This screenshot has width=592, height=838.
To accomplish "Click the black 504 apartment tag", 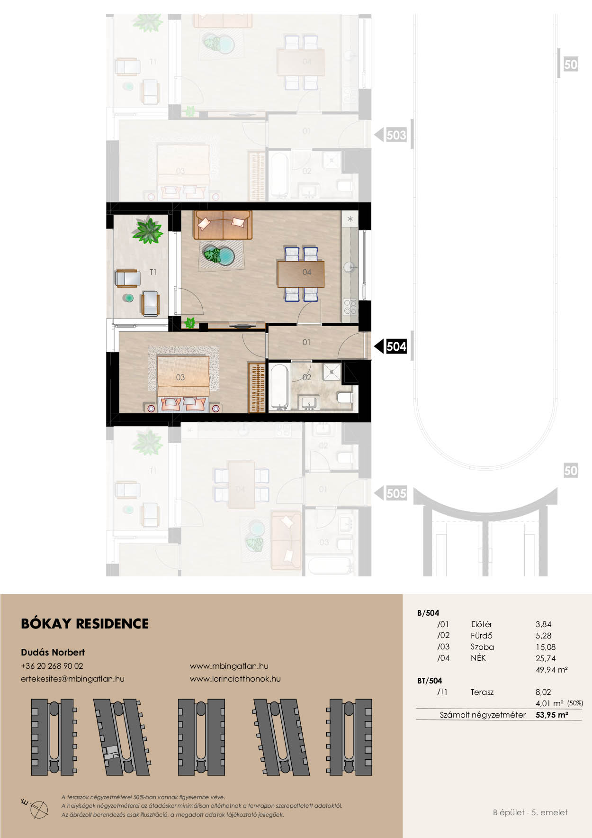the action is pyautogui.click(x=396, y=346).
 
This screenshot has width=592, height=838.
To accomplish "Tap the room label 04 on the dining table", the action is pyautogui.click(x=307, y=272).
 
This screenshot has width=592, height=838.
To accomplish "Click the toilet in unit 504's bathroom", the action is pyautogui.click(x=346, y=397).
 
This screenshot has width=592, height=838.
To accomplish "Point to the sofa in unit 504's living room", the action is pyautogui.click(x=223, y=225).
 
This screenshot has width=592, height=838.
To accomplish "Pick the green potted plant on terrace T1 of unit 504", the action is pyautogui.click(x=148, y=230).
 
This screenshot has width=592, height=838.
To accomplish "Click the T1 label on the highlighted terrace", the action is pyautogui.click(x=153, y=272).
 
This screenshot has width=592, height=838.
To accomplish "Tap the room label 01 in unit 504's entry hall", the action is pyautogui.click(x=306, y=342).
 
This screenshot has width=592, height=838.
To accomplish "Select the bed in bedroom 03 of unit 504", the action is pyautogui.click(x=183, y=383).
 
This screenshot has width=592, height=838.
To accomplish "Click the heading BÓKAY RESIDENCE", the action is pyautogui.click(x=85, y=623).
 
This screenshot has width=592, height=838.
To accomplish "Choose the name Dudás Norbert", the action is pyautogui.click(x=53, y=652).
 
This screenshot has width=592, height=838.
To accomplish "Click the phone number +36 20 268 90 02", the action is pyautogui.click(x=52, y=666).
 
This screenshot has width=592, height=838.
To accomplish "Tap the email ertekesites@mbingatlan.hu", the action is pyautogui.click(x=72, y=679).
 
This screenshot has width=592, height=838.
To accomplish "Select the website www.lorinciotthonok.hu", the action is pyautogui.click(x=235, y=679).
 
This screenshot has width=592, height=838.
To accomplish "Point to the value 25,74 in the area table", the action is pyautogui.click(x=546, y=658).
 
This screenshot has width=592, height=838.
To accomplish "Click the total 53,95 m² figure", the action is pyautogui.click(x=552, y=715).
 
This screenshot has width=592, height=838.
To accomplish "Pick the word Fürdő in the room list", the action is pyautogui.click(x=482, y=636).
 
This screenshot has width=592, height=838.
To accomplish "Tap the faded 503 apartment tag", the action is pyautogui.click(x=396, y=135).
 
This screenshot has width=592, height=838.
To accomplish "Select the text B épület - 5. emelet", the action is pyautogui.click(x=530, y=812).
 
